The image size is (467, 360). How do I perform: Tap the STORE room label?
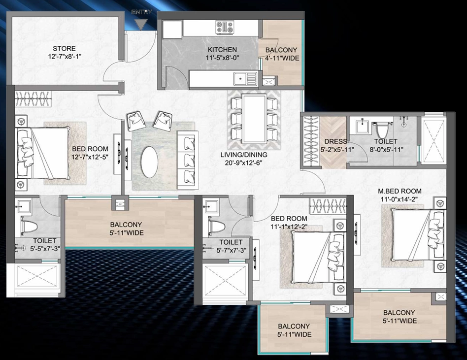(65, 48)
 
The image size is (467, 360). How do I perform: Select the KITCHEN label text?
(222, 50)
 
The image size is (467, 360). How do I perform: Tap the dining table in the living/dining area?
(254, 118)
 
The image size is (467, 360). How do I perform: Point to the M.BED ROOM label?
(400, 191)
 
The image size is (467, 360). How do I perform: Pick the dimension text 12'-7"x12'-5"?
(90, 157)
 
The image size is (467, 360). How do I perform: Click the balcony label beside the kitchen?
(281, 50)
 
